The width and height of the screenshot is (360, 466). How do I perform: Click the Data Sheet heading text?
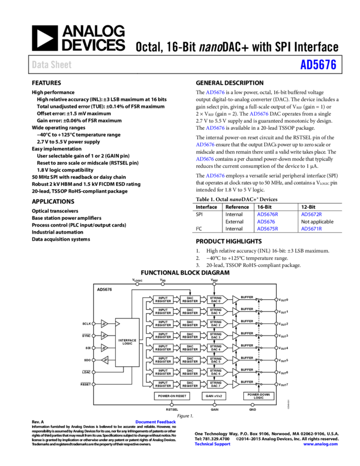[52, 65]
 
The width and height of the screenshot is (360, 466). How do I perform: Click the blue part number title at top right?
[318, 65]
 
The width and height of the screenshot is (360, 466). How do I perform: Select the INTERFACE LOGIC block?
[127, 342]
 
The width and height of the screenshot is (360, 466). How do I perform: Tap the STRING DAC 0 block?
[215, 300]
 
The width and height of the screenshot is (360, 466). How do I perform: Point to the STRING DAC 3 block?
[215, 336]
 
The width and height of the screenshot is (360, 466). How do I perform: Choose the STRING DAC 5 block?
[215, 360]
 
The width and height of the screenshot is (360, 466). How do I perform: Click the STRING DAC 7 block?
[215, 384]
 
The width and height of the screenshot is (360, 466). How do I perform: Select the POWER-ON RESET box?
[172, 396]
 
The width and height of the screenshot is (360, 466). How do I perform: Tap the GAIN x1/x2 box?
[214, 396]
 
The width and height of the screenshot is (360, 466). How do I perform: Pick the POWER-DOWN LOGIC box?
[259, 396]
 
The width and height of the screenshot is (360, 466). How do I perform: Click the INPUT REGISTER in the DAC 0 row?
[163, 300]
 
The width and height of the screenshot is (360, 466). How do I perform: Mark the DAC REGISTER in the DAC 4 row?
[190, 348]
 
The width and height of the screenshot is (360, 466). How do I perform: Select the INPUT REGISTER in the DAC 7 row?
[163, 384]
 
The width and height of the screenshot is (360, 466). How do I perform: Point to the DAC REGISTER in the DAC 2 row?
[190, 324]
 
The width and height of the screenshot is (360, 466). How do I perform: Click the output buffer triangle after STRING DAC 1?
[236, 312]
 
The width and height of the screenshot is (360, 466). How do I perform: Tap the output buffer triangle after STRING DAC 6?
[236, 372]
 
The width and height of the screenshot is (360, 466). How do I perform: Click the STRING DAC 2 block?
[215, 324]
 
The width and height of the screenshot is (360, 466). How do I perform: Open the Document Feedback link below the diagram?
[156, 422]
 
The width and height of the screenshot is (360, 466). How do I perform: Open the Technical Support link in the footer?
[213, 444]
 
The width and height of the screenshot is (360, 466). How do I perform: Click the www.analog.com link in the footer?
[321, 444]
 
